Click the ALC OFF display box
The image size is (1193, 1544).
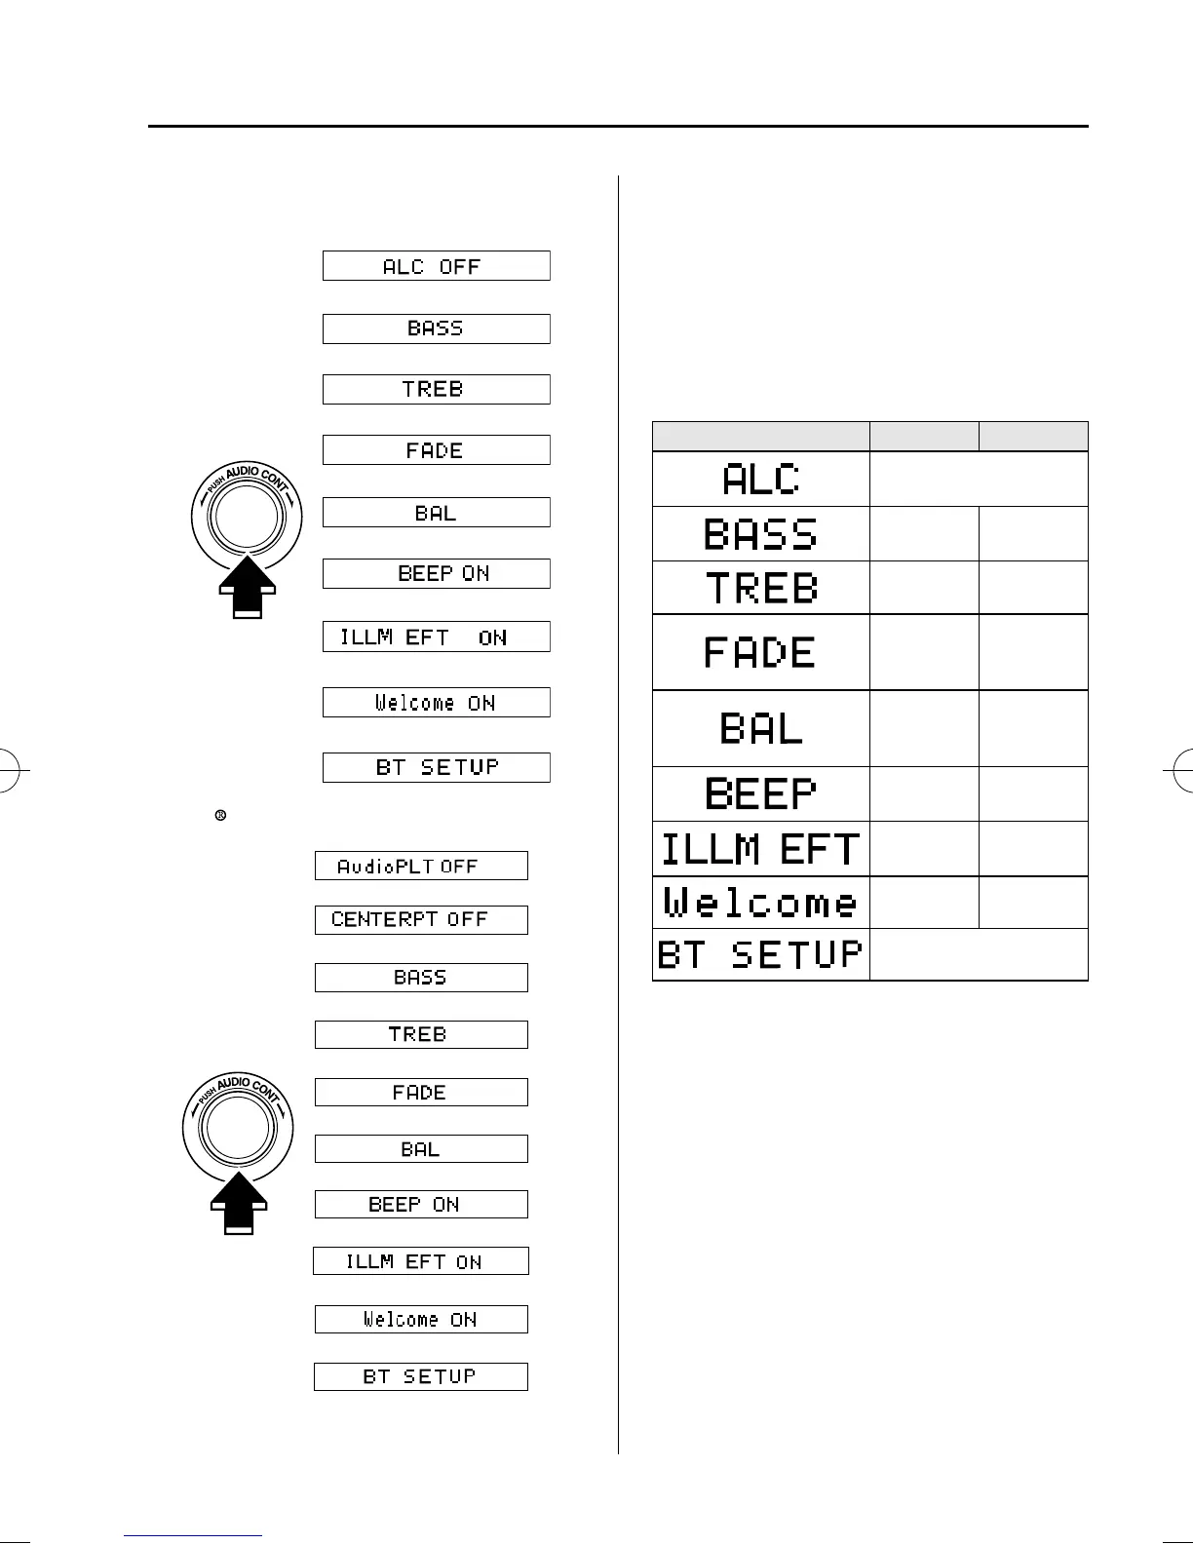(x=436, y=266)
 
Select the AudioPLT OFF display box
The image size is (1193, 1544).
(x=421, y=866)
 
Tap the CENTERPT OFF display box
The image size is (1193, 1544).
(x=421, y=920)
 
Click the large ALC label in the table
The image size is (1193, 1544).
(x=761, y=480)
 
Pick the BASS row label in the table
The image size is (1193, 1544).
(x=761, y=534)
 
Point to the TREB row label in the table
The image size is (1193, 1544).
(x=761, y=588)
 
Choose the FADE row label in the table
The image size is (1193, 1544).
(x=760, y=652)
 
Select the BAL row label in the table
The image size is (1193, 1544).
(x=761, y=728)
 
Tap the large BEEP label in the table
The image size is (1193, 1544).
(x=761, y=793)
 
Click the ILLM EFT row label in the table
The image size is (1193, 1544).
(x=761, y=849)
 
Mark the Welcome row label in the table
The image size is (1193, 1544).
(x=761, y=903)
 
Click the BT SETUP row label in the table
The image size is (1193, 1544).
(x=761, y=954)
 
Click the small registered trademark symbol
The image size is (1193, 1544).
(x=220, y=815)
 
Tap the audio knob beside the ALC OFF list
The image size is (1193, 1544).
(x=248, y=517)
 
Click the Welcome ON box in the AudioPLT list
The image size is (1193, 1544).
(x=421, y=1320)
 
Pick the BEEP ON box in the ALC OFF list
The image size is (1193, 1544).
(x=436, y=573)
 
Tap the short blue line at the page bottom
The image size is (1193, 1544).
(x=194, y=1536)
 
